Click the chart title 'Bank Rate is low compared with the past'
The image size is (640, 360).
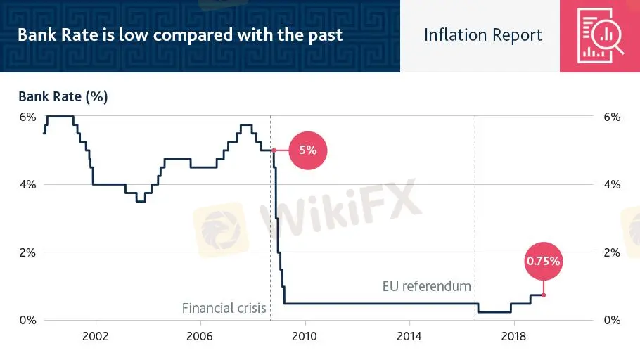pos(180,34)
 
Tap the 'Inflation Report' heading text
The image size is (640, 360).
pos(482,35)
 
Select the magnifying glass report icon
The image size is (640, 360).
pos(600,36)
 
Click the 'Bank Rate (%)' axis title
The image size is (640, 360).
pos(63,97)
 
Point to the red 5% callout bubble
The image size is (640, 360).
pos(308,150)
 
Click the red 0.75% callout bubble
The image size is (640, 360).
pos(544,262)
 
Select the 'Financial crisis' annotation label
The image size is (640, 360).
pos(224,308)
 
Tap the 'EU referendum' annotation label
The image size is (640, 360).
pos(426,286)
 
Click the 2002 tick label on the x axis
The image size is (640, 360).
pos(95,336)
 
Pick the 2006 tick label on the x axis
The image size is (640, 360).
pos(200,336)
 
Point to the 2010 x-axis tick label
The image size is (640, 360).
pos(305,336)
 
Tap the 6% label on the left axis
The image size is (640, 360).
pos(27,117)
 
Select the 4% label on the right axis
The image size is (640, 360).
pos(611,185)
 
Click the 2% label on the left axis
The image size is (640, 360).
pos(27,252)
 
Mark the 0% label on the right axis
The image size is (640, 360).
pos(611,320)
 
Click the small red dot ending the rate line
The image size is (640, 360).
pos(544,295)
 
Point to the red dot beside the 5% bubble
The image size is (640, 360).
pos(274,150)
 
